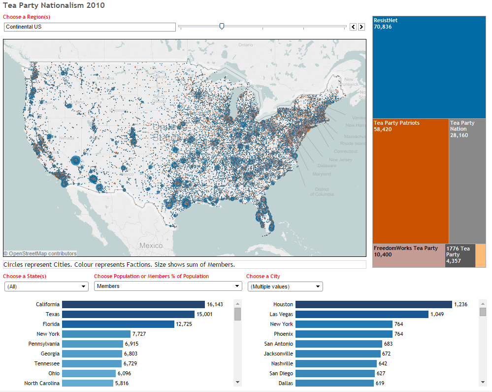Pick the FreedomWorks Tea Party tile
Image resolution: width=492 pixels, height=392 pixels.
408,255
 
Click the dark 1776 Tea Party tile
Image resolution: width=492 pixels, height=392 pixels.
460,255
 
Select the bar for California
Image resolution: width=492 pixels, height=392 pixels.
133,305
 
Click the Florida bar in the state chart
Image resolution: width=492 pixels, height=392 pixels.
118,324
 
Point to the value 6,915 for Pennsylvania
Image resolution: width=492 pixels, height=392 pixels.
132,344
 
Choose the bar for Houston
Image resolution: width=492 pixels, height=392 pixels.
373,305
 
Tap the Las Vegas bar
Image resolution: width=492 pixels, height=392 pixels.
361,314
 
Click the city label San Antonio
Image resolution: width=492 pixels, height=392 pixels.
278,344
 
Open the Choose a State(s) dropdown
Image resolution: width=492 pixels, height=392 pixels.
46,286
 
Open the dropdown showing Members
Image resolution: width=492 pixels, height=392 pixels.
167,286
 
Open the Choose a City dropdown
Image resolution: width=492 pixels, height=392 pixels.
285,286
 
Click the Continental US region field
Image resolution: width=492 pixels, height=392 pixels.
89,27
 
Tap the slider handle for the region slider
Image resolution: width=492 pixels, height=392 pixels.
222,27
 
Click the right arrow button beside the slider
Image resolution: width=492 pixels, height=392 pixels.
361,27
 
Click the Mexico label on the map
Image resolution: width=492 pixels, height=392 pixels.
151,246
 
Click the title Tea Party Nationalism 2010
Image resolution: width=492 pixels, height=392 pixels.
54,5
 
